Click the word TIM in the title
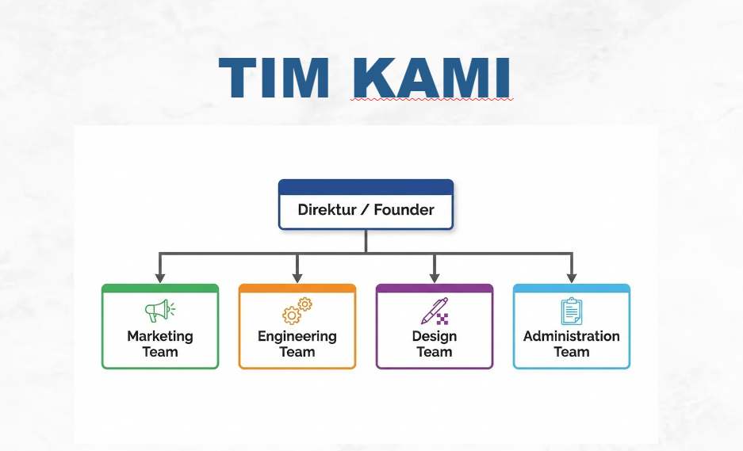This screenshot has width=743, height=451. [274, 77]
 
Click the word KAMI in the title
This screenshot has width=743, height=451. [431, 77]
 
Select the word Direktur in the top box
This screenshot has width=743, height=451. [327, 209]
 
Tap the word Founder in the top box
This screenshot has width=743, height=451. [404, 209]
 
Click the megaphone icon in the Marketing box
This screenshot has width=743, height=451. [160, 310]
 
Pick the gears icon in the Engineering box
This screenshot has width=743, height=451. [297, 311]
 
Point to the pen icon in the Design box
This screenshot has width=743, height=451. [435, 311]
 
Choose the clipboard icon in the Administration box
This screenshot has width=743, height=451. [572, 311]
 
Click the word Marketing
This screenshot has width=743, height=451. [160, 336]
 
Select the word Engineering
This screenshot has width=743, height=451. [297, 337]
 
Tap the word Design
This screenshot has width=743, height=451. [435, 337]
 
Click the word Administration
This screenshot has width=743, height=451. [572, 336]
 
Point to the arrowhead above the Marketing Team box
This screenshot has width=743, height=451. [160, 277]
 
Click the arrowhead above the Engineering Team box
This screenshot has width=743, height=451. [297, 277]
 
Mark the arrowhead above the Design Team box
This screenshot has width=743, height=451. [435, 277]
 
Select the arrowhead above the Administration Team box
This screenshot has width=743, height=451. [572, 277]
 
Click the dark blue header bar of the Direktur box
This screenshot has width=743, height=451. [366, 187]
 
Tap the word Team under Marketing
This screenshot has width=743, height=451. [160, 352]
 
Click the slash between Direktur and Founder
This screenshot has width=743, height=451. [365, 209]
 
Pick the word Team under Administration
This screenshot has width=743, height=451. [572, 352]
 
